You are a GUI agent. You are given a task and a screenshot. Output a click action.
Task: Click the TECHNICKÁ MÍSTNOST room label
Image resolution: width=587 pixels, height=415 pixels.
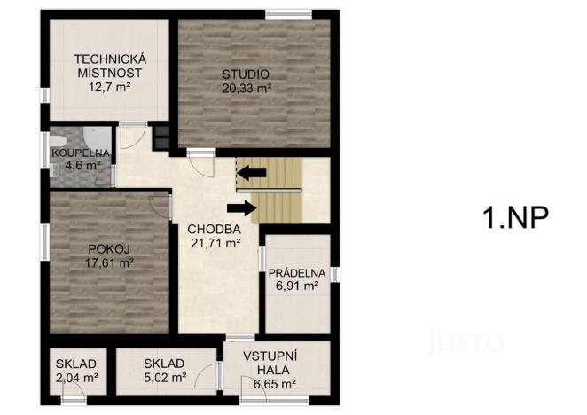coord(109,67)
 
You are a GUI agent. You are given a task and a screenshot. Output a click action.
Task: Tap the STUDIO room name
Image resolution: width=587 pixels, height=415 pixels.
coord(247,74)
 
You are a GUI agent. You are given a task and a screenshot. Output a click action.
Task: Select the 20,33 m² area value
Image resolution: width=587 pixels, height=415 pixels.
coord(247,88)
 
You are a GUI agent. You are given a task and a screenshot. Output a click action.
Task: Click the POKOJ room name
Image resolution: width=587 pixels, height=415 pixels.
coord(109,248)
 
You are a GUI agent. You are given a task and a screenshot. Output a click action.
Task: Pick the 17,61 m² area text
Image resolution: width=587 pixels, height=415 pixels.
coord(109,262)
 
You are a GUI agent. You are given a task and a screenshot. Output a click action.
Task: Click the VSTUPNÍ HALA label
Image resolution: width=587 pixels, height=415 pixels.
coord(275,363)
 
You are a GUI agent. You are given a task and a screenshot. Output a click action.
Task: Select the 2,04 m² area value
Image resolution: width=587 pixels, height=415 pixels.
coord(75,377)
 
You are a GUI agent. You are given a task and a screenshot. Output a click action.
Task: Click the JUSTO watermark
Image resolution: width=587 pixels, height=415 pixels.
coord(466,341)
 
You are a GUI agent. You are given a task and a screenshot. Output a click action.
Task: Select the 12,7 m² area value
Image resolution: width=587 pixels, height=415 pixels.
coord(109,88)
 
